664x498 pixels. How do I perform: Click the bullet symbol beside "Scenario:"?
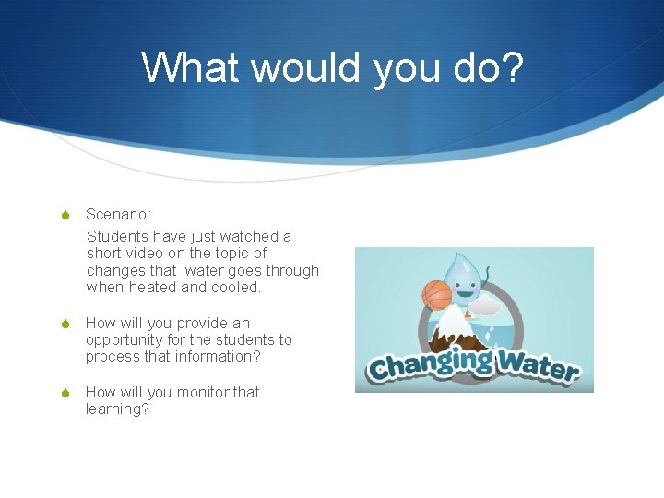(x=65, y=215)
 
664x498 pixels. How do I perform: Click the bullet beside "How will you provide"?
(x=65, y=324)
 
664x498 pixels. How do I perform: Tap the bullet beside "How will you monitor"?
(x=65, y=393)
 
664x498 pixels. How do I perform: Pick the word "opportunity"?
(x=124, y=340)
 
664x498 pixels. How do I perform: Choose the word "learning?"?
(x=117, y=409)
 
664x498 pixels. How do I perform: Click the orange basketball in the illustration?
(x=436, y=294)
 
